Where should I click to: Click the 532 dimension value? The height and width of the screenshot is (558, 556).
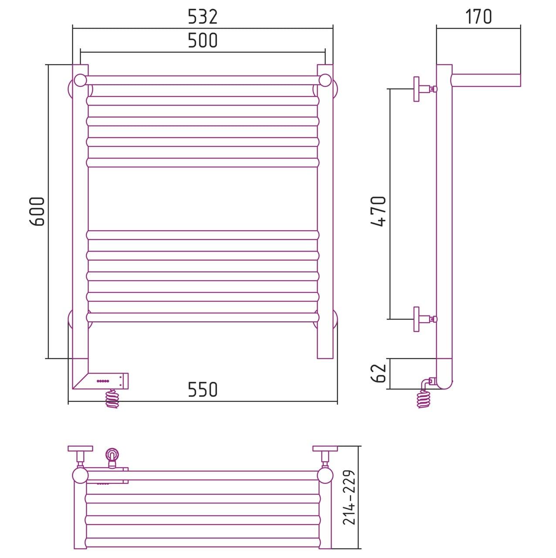click(203, 17)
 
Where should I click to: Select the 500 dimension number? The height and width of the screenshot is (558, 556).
click(203, 40)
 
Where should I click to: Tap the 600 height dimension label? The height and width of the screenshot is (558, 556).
click(37, 211)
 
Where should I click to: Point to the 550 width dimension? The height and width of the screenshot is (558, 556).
click(203, 389)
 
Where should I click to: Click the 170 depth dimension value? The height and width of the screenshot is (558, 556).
click(478, 17)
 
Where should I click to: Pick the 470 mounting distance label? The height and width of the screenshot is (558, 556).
click(378, 211)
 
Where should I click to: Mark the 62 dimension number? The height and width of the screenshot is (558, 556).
click(378, 373)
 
